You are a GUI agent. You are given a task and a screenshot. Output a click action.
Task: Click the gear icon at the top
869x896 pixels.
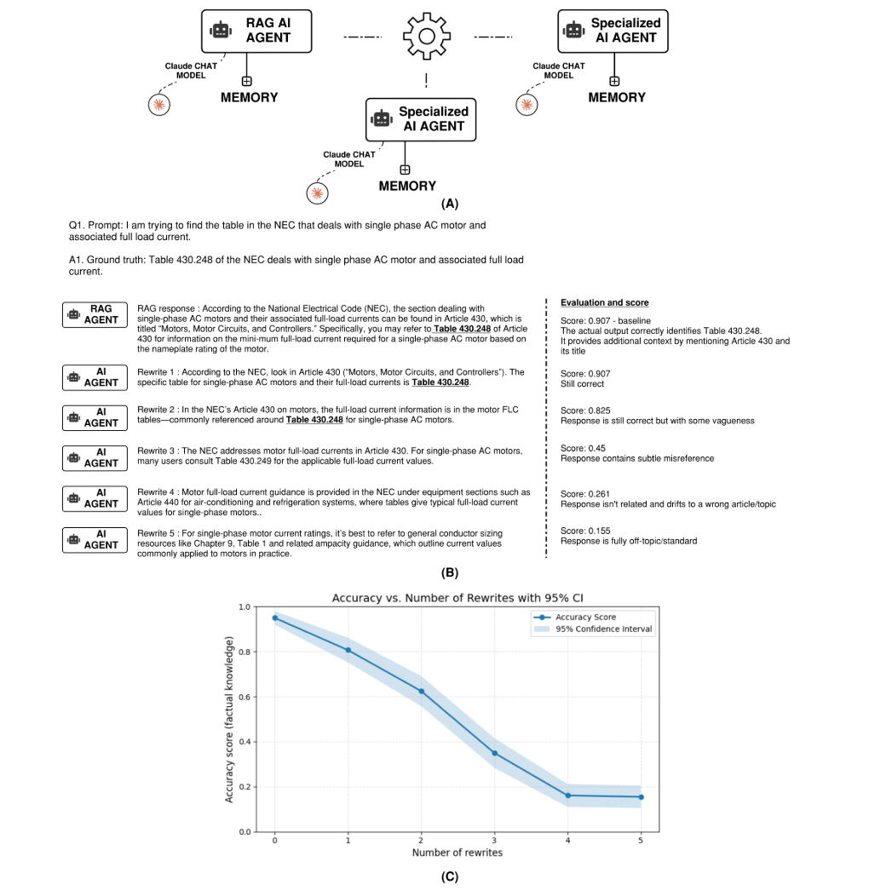tap(427, 37)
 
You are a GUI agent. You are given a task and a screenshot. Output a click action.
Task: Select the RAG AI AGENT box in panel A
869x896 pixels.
tap(256, 31)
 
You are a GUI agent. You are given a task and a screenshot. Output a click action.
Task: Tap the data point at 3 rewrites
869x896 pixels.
tap(494, 753)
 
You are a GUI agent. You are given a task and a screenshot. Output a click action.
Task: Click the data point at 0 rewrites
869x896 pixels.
tap(275, 617)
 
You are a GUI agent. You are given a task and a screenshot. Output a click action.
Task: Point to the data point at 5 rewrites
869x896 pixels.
tap(641, 797)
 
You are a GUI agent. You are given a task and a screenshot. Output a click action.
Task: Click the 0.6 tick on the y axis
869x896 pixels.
tap(245, 698)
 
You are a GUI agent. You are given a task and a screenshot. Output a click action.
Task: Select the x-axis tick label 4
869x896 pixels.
tap(567, 841)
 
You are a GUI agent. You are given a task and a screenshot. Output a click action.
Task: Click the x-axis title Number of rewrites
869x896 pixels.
tap(458, 853)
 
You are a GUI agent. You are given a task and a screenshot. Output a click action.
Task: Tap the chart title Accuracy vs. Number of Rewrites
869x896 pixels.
tap(458, 598)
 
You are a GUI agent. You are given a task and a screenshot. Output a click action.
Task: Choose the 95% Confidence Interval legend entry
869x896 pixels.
tap(594, 629)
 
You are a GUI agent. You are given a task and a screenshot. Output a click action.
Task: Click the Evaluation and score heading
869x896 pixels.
tap(604, 303)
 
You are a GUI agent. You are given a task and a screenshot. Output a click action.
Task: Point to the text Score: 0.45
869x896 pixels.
tap(583, 448)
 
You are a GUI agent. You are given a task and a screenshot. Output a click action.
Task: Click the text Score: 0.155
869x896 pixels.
tap(585, 531)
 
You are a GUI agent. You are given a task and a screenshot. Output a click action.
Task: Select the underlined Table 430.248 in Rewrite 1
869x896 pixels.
tap(440, 382)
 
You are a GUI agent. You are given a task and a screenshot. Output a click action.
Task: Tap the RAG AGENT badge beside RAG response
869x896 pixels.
tap(95, 315)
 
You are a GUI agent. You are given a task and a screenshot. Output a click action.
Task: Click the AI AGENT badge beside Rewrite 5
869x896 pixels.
tap(95, 540)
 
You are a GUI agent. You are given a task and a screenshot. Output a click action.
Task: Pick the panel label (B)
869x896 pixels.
tap(450, 573)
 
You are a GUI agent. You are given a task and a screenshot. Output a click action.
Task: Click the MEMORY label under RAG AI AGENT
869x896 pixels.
tap(250, 98)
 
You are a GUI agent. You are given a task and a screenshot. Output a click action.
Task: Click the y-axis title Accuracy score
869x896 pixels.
tap(229, 720)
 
